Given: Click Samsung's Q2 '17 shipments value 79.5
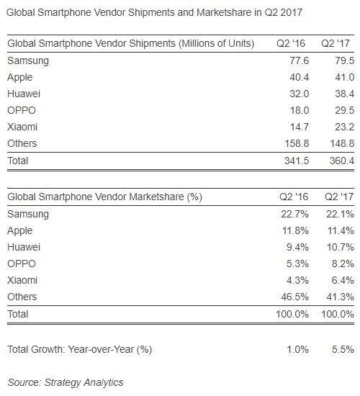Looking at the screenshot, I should click(x=342, y=60).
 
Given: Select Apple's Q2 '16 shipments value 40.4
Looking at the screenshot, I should click(x=297, y=77).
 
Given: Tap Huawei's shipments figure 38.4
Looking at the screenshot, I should click(x=342, y=94).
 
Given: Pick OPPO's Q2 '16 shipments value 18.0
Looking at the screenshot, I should click(x=297, y=110).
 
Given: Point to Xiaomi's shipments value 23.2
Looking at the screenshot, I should click(x=342, y=127).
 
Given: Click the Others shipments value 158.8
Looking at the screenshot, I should click(x=294, y=143).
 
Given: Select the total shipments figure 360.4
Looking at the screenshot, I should click(x=339, y=161).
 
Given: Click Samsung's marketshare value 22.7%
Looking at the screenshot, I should click(x=294, y=214).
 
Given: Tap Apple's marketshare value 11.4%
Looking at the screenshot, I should click(x=339, y=230).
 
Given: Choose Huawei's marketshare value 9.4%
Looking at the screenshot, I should click(x=297, y=247).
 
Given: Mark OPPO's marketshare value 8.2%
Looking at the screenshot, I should click(x=342, y=264).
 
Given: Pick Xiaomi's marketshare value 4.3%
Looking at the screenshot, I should click(x=297, y=280).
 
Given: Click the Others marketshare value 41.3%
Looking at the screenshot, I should click(x=339, y=297).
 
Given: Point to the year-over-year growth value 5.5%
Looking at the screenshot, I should click(x=342, y=349).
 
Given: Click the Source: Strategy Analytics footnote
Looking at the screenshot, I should click(x=66, y=382).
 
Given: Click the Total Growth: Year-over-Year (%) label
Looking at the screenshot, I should click(x=80, y=349).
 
